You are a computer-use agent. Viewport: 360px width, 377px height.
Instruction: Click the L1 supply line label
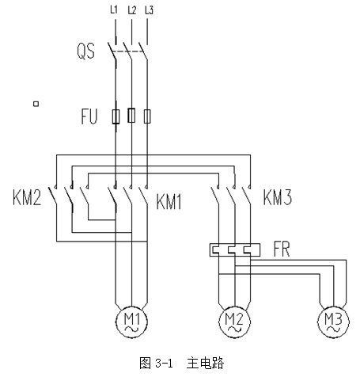(114, 10)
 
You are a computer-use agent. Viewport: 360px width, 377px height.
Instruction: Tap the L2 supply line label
(132, 10)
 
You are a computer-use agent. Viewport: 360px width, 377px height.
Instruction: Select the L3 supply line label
(149, 10)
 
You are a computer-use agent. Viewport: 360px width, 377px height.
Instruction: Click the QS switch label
(85, 51)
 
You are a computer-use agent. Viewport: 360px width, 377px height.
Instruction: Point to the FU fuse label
(89, 116)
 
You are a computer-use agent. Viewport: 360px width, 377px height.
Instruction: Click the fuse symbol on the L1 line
(116, 116)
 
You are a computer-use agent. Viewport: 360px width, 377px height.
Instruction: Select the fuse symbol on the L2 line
(131, 116)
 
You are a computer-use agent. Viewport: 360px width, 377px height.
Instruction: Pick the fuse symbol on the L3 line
(147, 116)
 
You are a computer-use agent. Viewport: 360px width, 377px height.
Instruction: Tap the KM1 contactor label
(169, 202)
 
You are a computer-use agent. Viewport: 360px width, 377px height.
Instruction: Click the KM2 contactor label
(27, 197)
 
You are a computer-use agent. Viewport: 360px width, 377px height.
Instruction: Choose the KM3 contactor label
(278, 197)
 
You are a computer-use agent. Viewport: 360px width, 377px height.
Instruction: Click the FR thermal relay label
(282, 249)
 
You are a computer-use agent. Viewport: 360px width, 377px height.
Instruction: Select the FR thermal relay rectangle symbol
(235, 250)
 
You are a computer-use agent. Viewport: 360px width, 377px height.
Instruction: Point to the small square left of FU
(36, 104)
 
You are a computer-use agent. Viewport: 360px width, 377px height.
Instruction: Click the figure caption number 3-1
(164, 364)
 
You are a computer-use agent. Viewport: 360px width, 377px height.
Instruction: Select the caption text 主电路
(205, 364)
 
